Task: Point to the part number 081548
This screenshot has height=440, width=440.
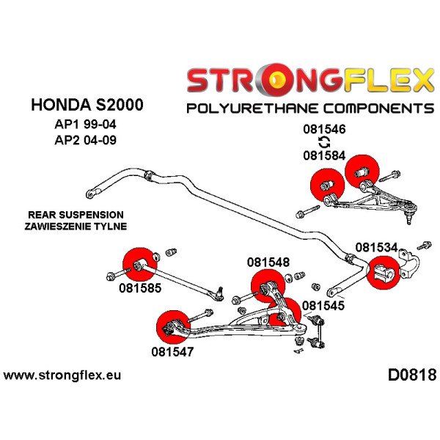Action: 268,262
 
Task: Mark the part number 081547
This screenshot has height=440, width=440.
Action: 173,352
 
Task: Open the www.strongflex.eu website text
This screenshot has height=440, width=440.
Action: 62,376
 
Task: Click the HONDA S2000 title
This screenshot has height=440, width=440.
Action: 87,104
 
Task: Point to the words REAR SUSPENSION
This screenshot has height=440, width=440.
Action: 76,214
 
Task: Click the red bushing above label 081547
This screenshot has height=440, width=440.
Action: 173,326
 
